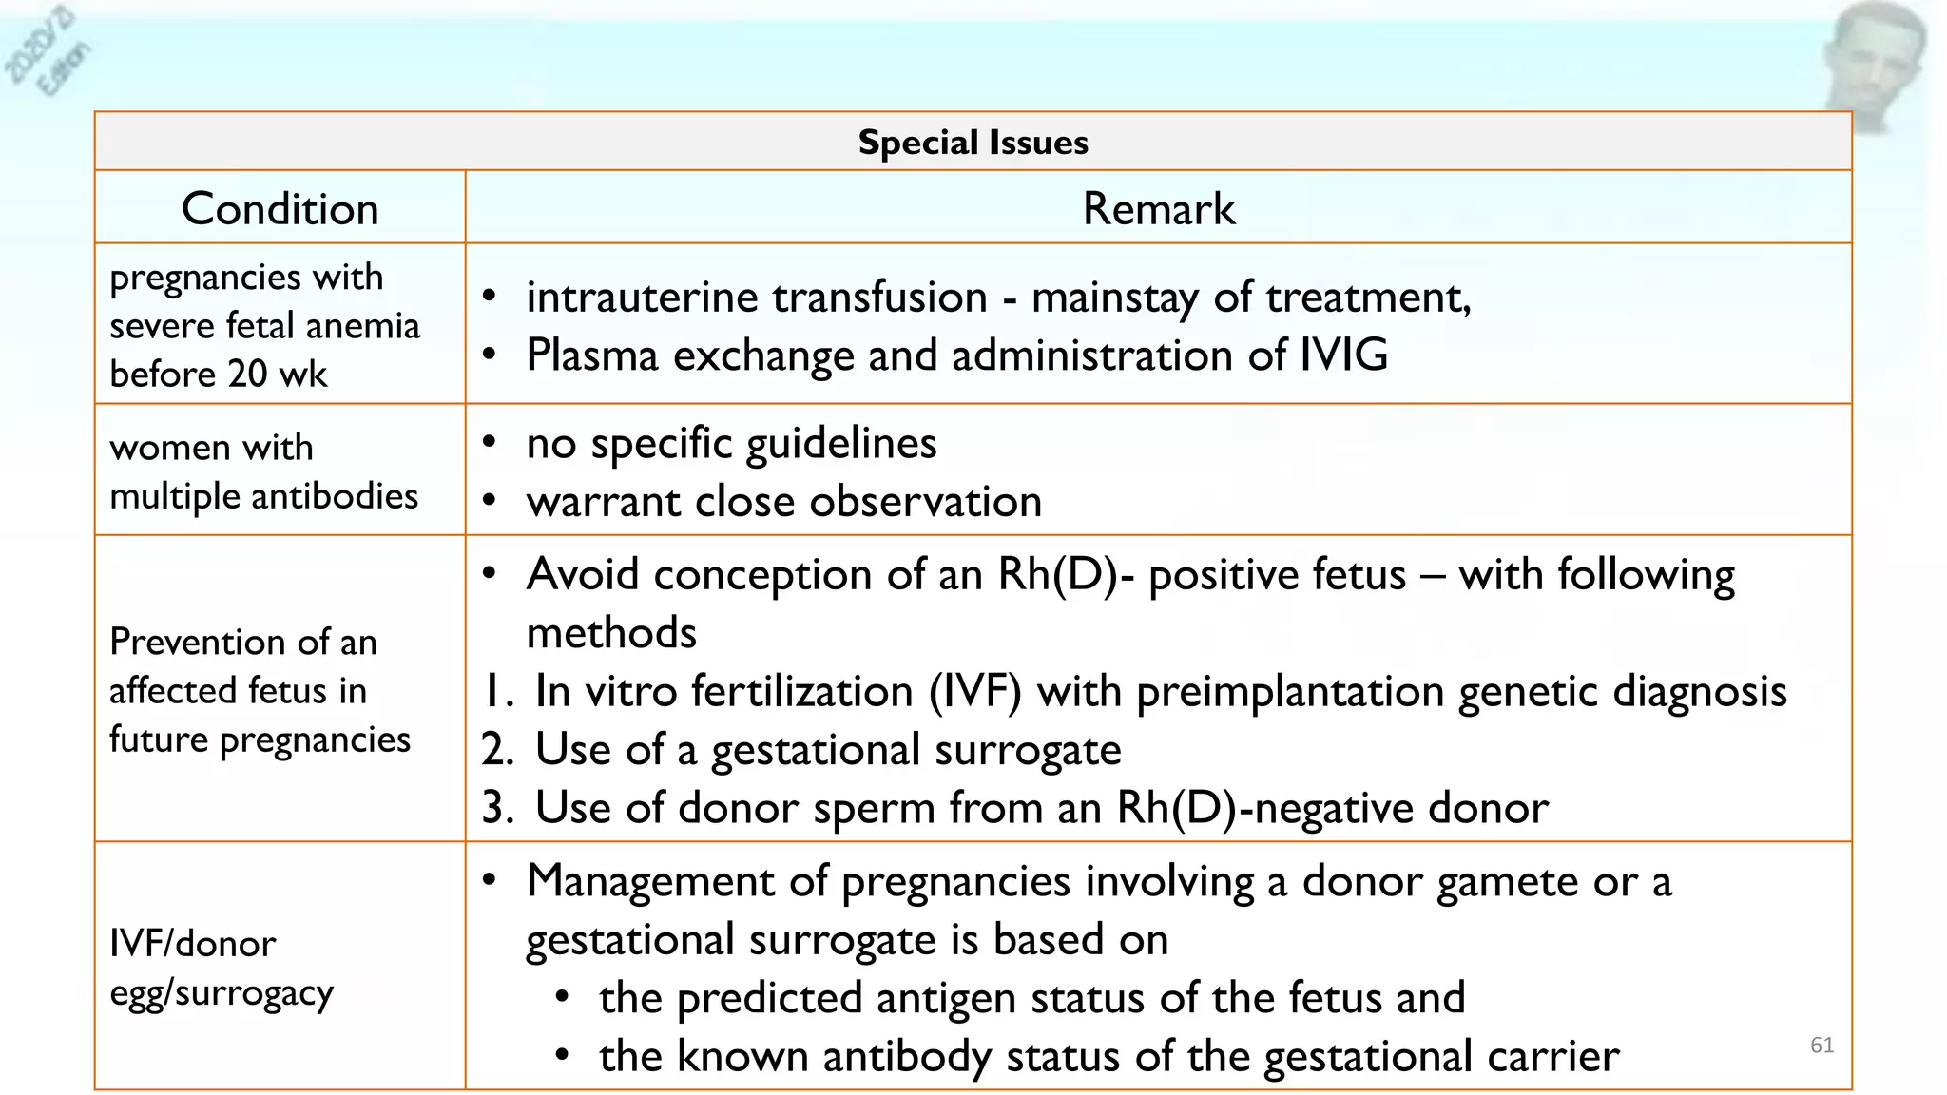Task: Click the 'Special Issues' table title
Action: coord(973,143)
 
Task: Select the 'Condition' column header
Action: coord(280,208)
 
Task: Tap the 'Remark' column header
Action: coord(1158,208)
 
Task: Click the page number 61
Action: coord(1822,1046)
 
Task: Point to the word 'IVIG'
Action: coord(1343,355)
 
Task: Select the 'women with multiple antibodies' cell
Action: coord(263,471)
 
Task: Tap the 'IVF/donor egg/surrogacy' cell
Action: coord(221,968)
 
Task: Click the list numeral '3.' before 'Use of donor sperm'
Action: coord(497,808)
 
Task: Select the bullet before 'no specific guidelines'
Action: coord(490,443)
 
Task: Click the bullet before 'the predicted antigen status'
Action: coord(563,998)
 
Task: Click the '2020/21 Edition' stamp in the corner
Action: coord(48,52)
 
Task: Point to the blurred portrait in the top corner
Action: coord(1873,62)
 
